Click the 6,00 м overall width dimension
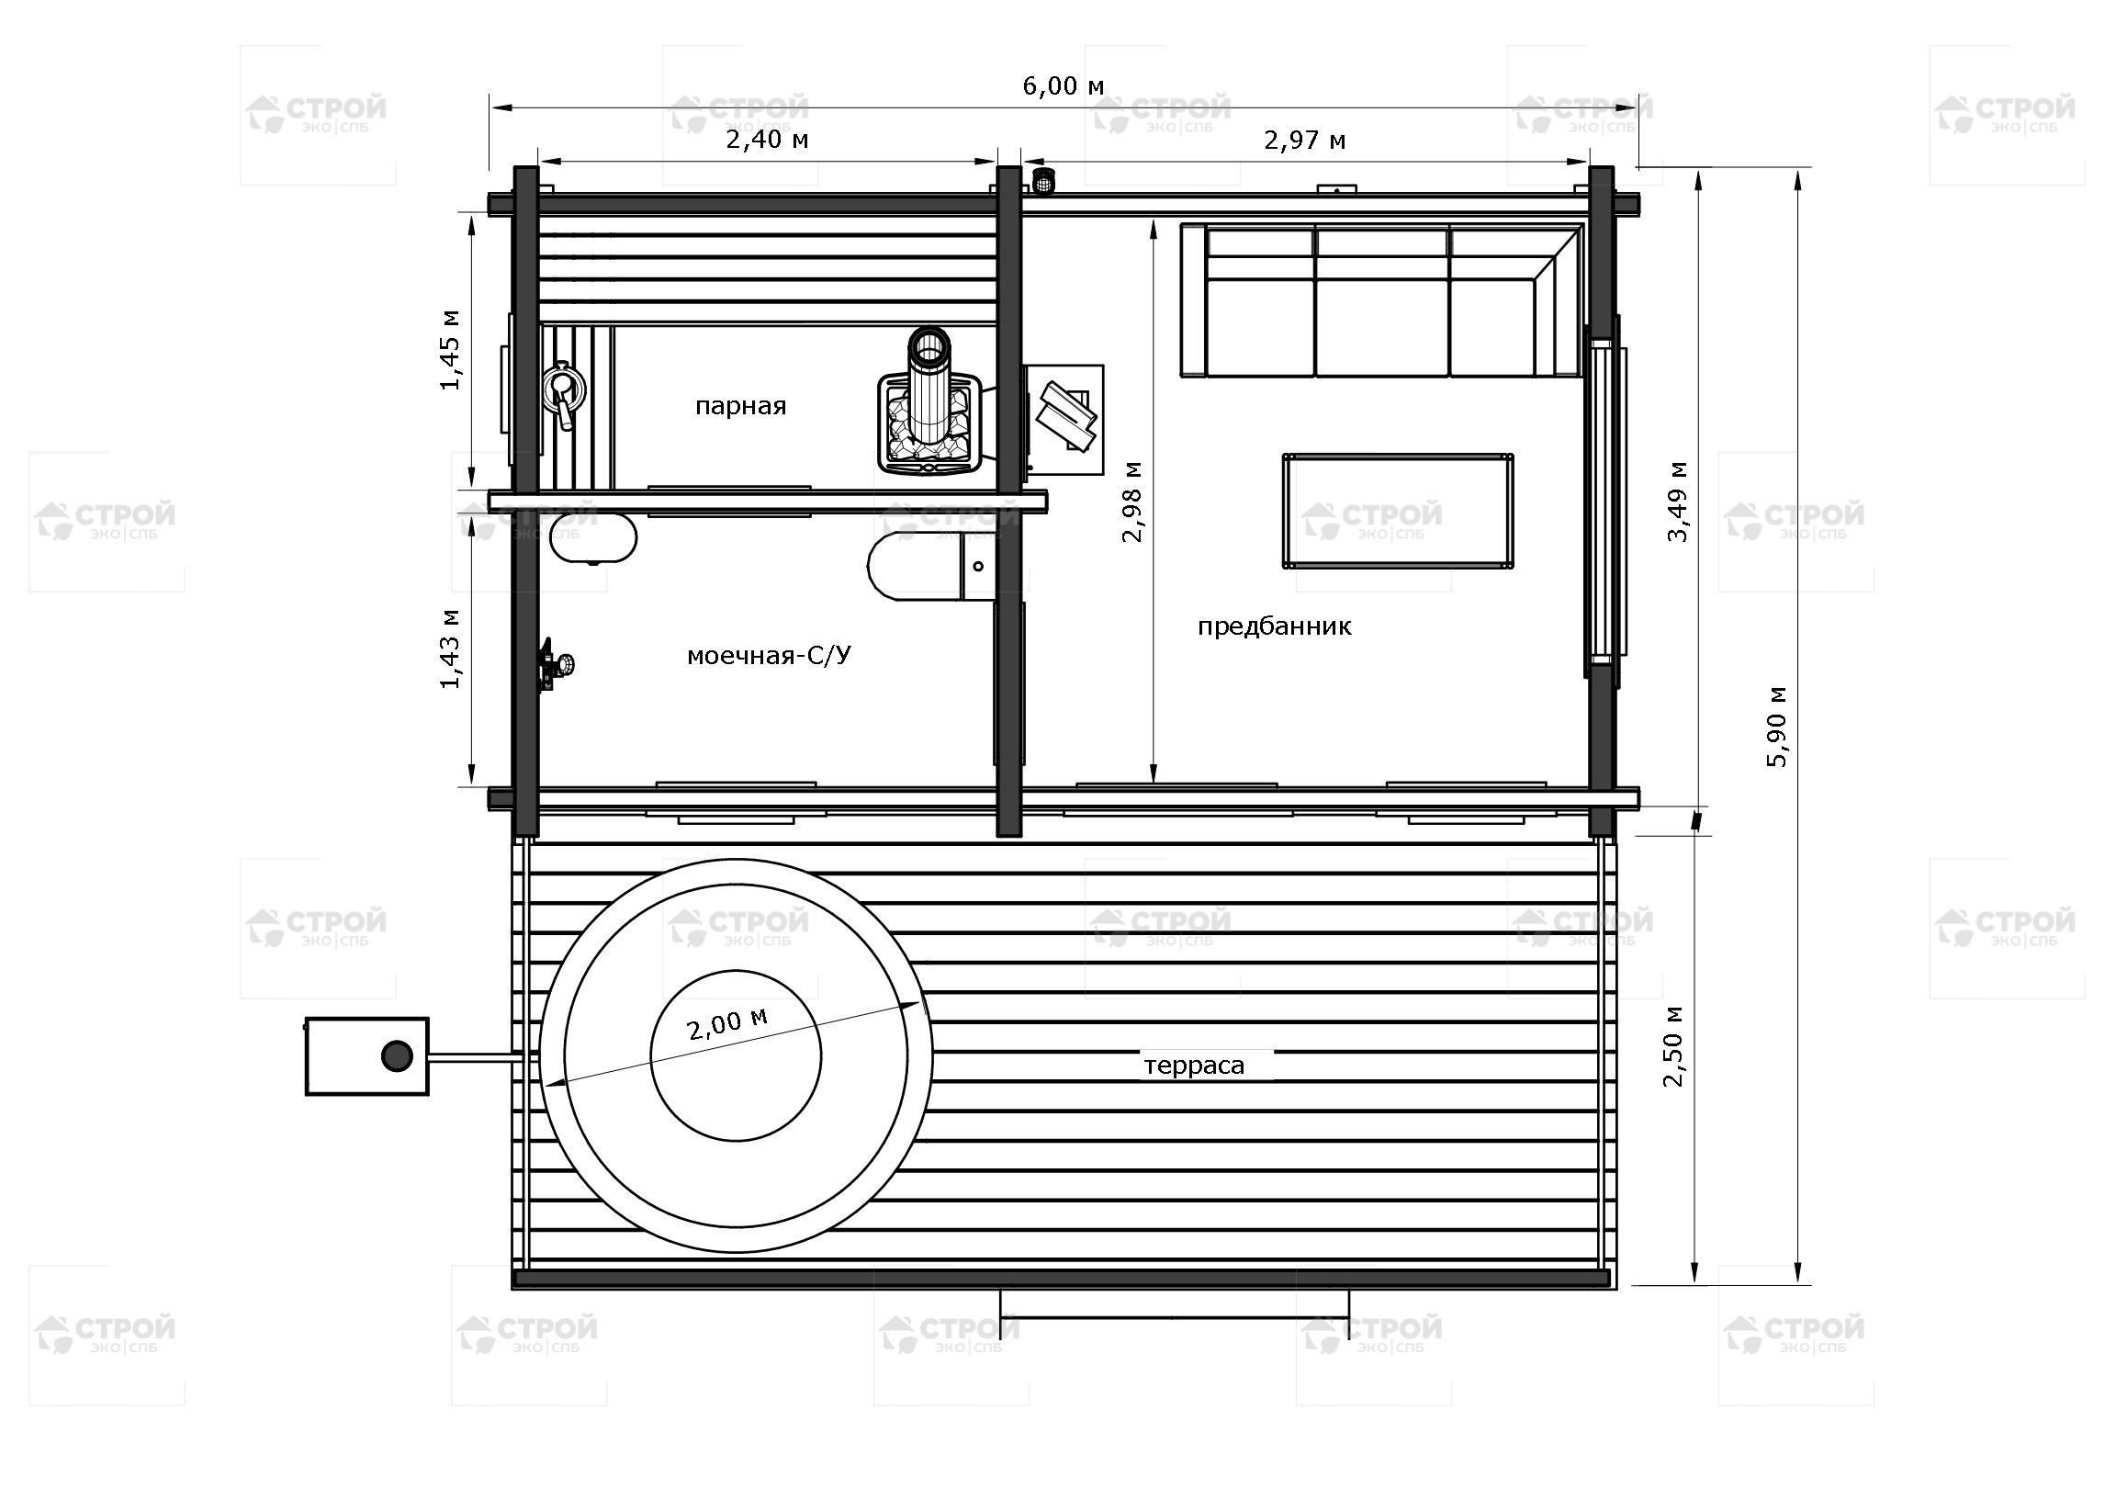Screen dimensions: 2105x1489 coord(1063,86)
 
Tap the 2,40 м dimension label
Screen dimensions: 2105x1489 coord(768,140)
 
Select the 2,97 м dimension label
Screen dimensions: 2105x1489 coord(1305,140)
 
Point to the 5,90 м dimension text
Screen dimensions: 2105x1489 coord(1779,726)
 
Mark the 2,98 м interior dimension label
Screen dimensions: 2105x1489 coord(1132,501)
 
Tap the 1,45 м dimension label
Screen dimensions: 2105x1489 coord(451,350)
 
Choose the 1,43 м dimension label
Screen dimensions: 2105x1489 coord(451,649)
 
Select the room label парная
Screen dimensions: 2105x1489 coord(740,406)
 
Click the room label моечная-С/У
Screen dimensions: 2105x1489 coord(769,655)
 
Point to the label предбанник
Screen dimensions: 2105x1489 coord(1274,626)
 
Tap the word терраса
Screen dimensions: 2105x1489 coord(1194,1066)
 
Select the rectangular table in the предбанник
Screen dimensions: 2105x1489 coord(1398,511)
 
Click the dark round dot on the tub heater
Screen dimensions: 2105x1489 coord(397,1056)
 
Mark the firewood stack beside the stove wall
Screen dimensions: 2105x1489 coord(1065,418)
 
